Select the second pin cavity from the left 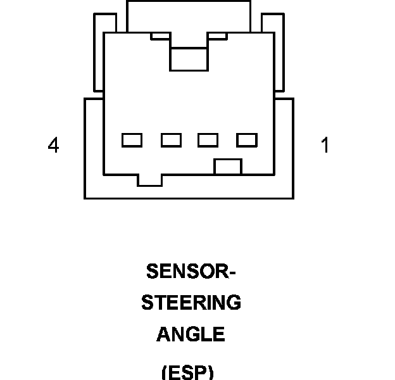point(171,140)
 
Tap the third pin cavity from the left point(208,140)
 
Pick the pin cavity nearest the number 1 point(247,140)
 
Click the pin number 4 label point(53,146)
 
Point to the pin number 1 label point(325,146)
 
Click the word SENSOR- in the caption point(191,272)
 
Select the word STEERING point(191,303)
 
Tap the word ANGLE point(191,334)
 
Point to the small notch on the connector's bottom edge point(149,180)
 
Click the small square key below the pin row point(228,167)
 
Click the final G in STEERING point(234,303)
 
